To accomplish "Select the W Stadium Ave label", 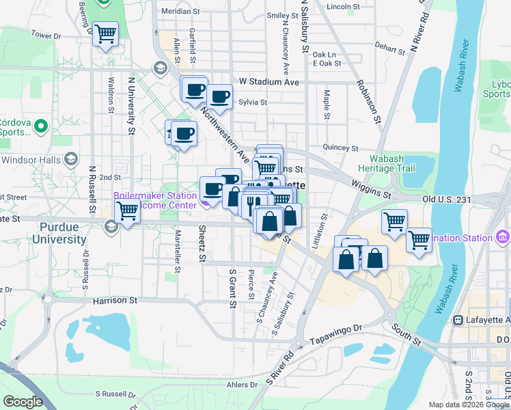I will [x=269, y=82].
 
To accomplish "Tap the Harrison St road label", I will [x=115, y=300].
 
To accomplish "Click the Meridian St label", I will [x=180, y=12].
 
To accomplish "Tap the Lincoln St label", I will [x=343, y=6].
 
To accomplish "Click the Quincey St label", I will [x=340, y=148].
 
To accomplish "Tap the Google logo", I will [x=23, y=402].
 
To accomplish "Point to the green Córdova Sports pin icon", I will [x=40, y=126].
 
